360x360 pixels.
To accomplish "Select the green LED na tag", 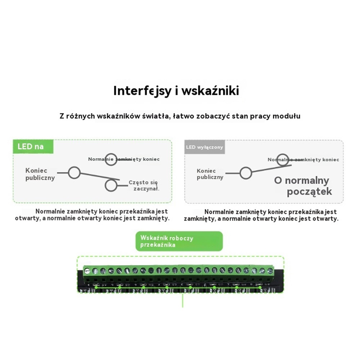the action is click(x=33, y=147).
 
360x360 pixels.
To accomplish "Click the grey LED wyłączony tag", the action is click(x=204, y=147).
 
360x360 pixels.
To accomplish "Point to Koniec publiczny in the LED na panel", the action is click(x=40, y=174).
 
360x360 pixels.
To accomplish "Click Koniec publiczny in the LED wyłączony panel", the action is click(x=210, y=174).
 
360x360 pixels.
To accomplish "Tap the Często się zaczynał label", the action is click(x=144, y=185).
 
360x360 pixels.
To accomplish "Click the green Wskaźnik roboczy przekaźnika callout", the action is click(x=179, y=241).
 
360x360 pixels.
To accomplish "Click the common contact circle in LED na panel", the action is click(x=74, y=173).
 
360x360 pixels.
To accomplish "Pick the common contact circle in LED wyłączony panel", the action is click(x=246, y=173).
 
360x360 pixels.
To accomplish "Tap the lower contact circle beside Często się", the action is click(x=111, y=185).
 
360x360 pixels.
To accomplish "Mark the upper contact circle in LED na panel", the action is click(x=111, y=159).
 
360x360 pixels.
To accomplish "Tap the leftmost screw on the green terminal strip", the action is click(x=87, y=271).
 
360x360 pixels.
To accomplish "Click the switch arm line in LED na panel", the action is click(x=99, y=176).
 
